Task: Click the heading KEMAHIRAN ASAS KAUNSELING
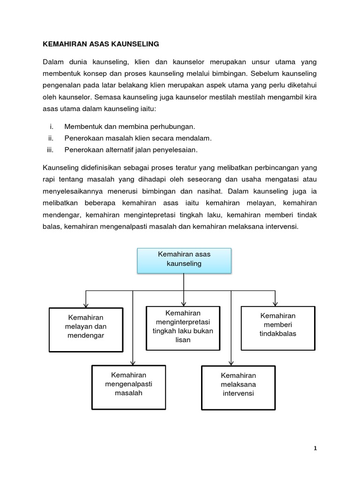tap(101, 44)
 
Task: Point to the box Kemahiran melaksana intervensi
tap(238, 385)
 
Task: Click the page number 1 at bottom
tap(315, 448)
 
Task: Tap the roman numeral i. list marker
tap(51, 127)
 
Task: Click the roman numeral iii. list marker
tap(50, 150)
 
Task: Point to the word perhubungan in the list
tap(169, 127)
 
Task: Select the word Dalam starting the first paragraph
tap(52, 62)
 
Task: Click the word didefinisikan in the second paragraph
tap(99, 168)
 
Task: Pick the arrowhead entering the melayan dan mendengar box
tap(86, 305)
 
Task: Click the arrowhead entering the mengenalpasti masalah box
tap(133, 363)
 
